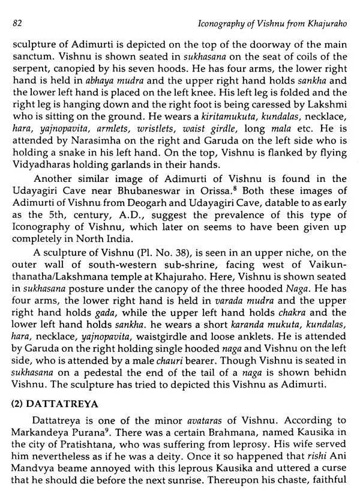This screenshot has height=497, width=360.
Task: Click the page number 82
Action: pyautogui.click(x=17, y=23)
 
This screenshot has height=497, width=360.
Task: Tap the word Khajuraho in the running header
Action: pyautogui.click(x=323, y=23)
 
